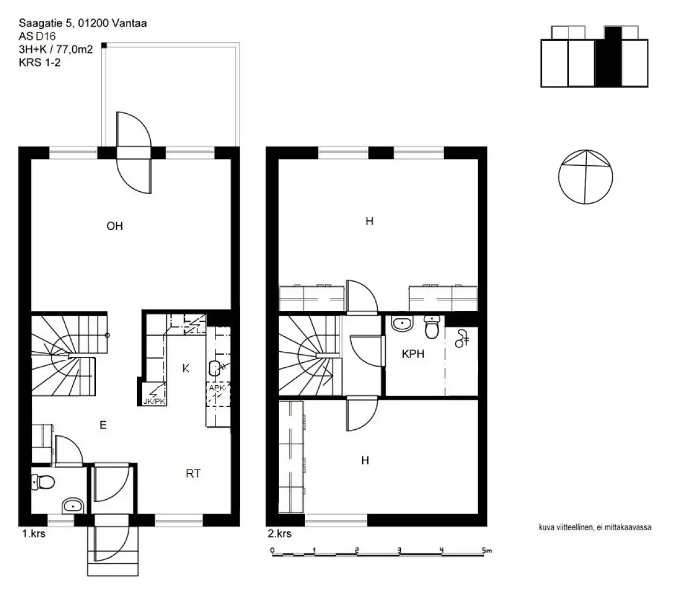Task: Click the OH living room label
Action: click(115, 226)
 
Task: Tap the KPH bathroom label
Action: click(413, 354)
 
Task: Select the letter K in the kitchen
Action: click(186, 369)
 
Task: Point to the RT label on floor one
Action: click(193, 474)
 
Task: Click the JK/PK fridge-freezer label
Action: click(155, 401)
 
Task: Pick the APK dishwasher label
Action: click(217, 388)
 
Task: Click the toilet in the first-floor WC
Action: click(43, 482)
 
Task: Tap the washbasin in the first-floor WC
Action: click(73, 506)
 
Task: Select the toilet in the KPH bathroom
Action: click(432, 328)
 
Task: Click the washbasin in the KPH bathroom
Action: click(402, 323)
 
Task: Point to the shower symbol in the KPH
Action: click(461, 339)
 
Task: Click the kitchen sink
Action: click(215, 368)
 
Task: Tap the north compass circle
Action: click(586, 177)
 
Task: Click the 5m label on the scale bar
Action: click(486, 551)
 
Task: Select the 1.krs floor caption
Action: click(34, 534)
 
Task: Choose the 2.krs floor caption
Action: click(280, 534)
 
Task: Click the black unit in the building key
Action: click(609, 57)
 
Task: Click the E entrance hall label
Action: click(103, 425)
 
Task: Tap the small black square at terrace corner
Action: click(104, 45)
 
